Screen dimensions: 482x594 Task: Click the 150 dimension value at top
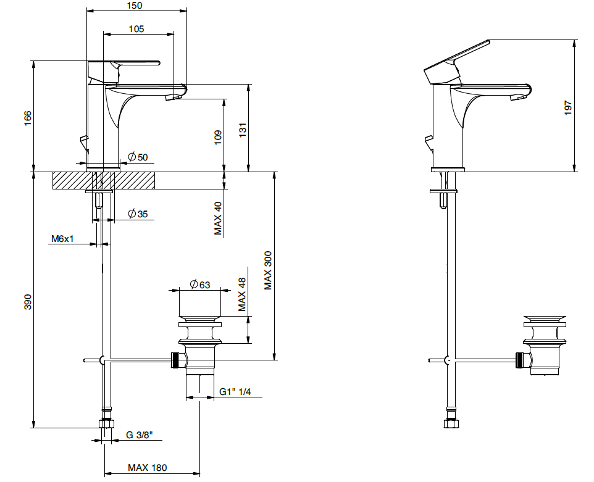tap(135, 6)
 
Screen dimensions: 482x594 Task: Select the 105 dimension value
tap(136, 28)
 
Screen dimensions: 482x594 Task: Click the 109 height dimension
tap(218, 137)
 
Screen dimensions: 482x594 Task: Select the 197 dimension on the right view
tap(569, 107)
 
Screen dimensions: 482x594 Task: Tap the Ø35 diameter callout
tap(138, 214)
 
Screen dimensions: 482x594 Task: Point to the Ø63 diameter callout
tap(200, 285)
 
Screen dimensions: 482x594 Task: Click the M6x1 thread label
tap(62, 239)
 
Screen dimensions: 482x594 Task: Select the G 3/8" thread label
tap(140, 434)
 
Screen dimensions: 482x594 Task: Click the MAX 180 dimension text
tap(147, 468)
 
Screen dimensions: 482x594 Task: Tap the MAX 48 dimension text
tap(243, 294)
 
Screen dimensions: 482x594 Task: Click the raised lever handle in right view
tap(457, 59)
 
